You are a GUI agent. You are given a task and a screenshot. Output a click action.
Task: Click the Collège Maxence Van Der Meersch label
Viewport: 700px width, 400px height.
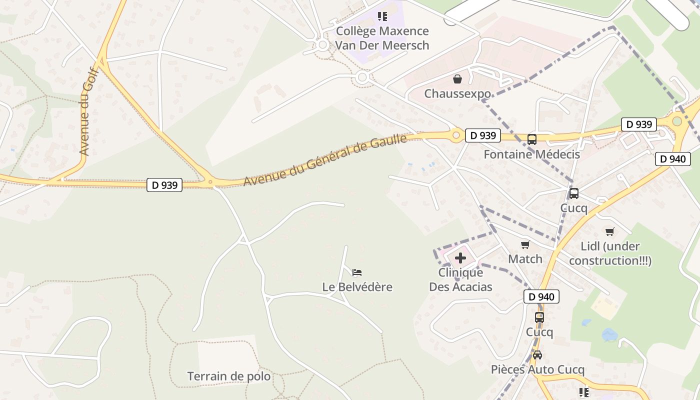(x=382, y=38)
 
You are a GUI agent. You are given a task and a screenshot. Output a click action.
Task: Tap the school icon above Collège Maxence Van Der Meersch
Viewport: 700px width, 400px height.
(x=382, y=16)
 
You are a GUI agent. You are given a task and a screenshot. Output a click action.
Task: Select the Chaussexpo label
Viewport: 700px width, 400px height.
(x=457, y=93)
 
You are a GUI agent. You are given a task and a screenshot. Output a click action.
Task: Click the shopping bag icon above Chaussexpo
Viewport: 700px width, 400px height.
(x=457, y=79)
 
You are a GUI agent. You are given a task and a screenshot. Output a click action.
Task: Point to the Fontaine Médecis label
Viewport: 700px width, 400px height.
(x=531, y=154)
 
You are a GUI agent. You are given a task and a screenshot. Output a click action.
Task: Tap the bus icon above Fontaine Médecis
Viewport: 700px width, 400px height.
(x=532, y=139)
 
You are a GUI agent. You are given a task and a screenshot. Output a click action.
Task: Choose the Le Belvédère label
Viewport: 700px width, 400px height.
(x=357, y=287)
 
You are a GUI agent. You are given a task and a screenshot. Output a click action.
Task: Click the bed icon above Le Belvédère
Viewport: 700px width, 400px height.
(x=357, y=272)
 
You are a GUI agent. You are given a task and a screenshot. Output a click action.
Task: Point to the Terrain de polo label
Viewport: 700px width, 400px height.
(x=229, y=376)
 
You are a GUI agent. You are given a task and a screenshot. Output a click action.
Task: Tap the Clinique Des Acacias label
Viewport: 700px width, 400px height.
(x=460, y=279)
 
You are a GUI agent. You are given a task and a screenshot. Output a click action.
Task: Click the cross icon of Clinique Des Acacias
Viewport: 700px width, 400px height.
(x=460, y=258)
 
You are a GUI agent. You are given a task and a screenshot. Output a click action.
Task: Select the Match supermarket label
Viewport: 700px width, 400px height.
(x=525, y=259)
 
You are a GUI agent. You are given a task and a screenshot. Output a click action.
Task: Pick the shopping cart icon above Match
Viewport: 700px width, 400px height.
(x=525, y=244)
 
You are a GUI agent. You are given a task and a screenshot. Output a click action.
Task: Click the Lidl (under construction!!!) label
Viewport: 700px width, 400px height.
(x=610, y=253)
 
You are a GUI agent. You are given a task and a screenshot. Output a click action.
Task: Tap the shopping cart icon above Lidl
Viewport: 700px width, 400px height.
(x=610, y=231)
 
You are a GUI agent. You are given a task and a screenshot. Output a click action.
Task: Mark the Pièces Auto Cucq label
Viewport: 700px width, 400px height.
(x=537, y=369)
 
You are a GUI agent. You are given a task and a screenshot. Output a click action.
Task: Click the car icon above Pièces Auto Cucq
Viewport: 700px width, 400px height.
(x=537, y=355)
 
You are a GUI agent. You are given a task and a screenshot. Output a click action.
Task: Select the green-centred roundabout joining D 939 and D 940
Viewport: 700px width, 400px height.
(x=677, y=121)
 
